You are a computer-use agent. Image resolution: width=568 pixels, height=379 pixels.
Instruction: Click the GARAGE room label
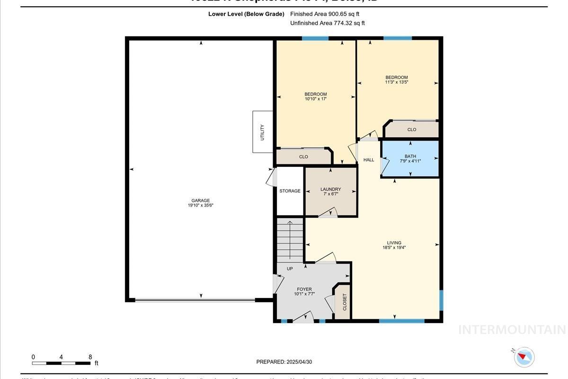pos(201,200)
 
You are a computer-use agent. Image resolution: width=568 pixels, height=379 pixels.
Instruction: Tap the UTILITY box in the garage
pos(262,132)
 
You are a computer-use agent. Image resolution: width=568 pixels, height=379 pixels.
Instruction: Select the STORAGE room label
pos(290,191)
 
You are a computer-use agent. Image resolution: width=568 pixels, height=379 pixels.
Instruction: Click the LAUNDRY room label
pos(330,189)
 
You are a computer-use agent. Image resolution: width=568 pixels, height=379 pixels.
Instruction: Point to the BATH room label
pos(410,156)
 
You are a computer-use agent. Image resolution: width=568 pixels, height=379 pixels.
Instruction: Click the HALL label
pos(369,160)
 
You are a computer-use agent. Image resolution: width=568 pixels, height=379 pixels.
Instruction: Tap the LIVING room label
pos(394,243)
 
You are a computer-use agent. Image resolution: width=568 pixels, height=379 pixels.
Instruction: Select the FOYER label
pos(304,289)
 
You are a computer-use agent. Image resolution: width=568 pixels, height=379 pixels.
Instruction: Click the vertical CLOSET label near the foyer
pos(345,302)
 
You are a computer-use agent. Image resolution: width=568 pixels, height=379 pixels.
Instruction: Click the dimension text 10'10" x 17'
pos(315,99)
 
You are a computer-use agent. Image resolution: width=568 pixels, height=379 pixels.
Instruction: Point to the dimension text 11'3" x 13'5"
pos(396,82)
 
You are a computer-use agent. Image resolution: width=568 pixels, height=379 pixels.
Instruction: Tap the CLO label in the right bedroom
pos(412,129)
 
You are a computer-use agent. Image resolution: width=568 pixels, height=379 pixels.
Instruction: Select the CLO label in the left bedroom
pos(303,157)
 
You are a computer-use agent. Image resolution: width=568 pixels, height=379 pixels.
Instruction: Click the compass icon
pos(524,356)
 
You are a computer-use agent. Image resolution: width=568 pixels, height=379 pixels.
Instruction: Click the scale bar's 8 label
pos(90,357)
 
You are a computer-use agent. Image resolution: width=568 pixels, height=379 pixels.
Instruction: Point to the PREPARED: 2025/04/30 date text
pos(284,362)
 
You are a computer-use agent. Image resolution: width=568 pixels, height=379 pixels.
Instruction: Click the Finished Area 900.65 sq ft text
pos(325,14)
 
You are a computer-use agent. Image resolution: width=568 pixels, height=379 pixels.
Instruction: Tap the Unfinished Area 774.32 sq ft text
pos(327,23)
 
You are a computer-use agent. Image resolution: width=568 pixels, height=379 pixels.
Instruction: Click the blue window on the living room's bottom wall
pos(402,321)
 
